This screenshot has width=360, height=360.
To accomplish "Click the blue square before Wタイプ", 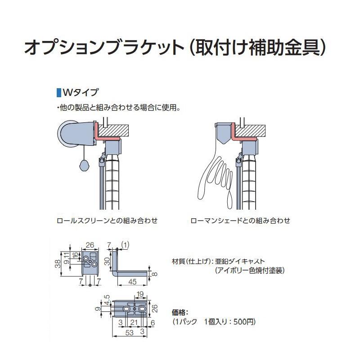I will [58, 93].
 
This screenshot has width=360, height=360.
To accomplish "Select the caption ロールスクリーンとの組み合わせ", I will [107, 221].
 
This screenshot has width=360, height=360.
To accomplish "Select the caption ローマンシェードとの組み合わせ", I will [240, 221].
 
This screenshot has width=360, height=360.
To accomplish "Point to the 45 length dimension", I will [132, 282].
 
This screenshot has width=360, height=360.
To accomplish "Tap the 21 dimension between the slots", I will [133, 323].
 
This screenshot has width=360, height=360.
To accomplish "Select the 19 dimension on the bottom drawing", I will [140, 295].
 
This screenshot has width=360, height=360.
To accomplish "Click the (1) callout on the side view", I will [126, 245].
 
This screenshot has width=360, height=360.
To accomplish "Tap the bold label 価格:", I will [180, 311].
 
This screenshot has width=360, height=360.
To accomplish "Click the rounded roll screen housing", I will [74, 134].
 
